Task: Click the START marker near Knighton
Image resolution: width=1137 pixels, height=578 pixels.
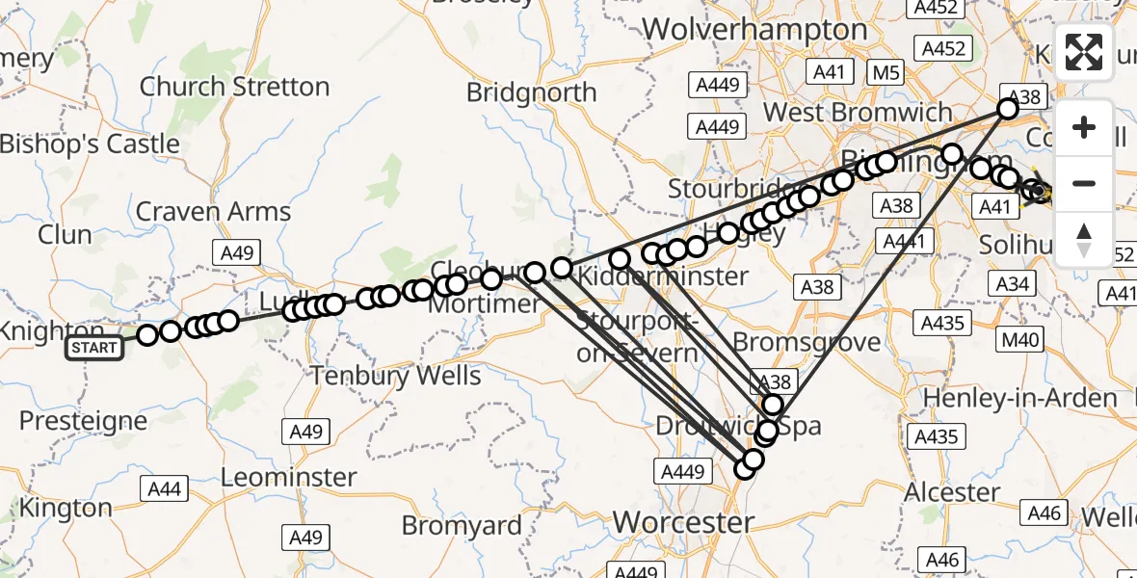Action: pyautogui.click(x=94, y=348)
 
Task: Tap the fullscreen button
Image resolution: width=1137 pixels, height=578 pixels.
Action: pyautogui.click(x=1084, y=52)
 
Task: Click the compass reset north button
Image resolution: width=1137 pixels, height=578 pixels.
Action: pyautogui.click(x=1084, y=240)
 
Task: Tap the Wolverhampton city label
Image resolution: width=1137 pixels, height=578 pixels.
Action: pyautogui.click(x=754, y=30)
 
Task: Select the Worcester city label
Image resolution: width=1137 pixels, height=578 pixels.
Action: pyautogui.click(x=683, y=523)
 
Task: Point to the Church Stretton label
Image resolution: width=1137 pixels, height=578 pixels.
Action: pyautogui.click(x=234, y=87)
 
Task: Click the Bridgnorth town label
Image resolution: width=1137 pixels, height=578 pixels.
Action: pyautogui.click(x=544, y=92)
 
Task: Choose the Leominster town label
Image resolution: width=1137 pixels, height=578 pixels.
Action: pyautogui.click(x=288, y=477)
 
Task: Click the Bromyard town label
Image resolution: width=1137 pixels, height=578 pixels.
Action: pyautogui.click(x=462, y=526)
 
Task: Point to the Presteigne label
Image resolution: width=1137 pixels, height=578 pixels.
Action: pyautogui.click(x=83, y=421)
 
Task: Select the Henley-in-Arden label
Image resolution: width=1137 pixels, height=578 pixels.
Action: pyautogui.click(x=1020, y=398)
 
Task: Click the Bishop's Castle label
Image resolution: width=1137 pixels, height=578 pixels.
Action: pyautogui.click(x=90, y=144)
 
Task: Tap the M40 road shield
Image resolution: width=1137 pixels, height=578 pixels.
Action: pyautogui.click(x=1020, y=339)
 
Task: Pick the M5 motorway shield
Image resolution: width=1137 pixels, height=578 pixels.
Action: pyautogui.click(x=884, y=71)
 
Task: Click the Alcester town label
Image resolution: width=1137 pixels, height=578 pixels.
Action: pyautogui.click(x=952, y=492)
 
